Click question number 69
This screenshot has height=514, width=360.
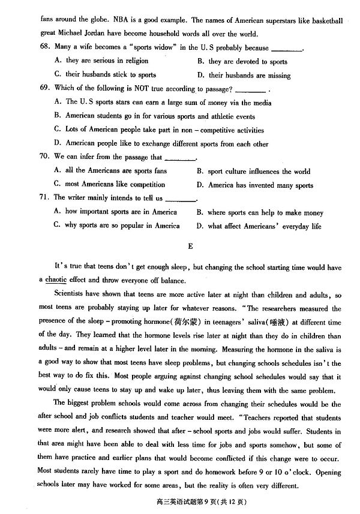[44, 89]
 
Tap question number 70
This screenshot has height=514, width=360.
[44, 158]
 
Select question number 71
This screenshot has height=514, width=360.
[44, 197]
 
